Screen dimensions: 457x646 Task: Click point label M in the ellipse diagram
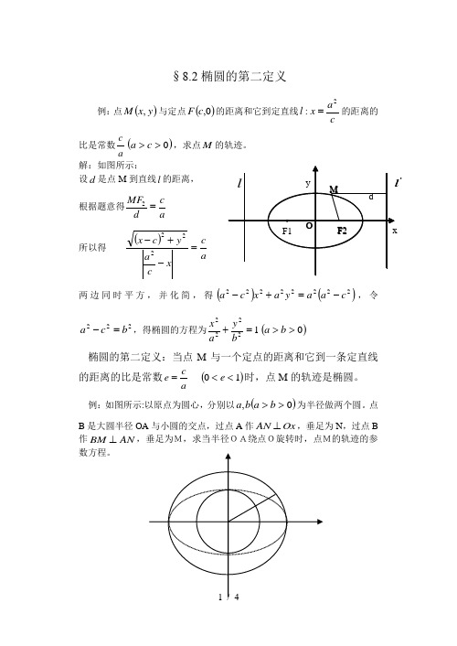pyautogui.click(x=334, y=188)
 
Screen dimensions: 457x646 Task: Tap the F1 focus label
pyautogui.click(x=287, y=231)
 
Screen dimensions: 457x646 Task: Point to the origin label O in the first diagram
pyautogui.click(x=310, y=224)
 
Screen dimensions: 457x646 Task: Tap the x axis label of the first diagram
pyautogui.click(x=395, y=231)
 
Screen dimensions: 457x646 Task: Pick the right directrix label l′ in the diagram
pyautogui.click(x=399, y=185)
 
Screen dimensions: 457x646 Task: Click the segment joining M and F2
pyautogui.click(x=338, y=207)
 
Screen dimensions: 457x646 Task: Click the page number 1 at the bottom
pyautogui.click(x=209, y=622)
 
